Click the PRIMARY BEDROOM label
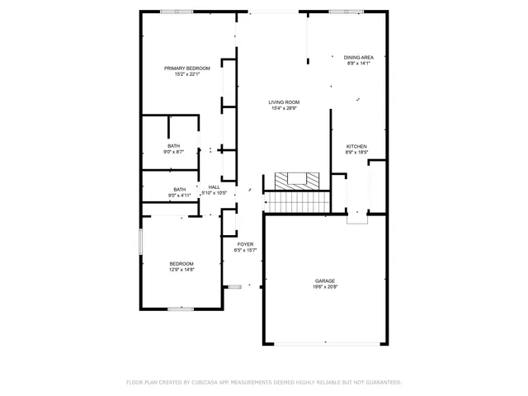pyautogui.click(x=186, y=68)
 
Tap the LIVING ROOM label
pyautogui.click(x=283, y=102)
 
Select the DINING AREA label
pyautogui.click(x=358, y=57)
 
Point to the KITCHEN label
pyautogui.click(x=356, y=146)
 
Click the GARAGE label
pyautogui.click(x=324, y=280)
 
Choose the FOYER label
pyautogui.click(x=245, y=244)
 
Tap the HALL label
pyautogui.click(x=214, y=187)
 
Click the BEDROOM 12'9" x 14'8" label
pyautogui.click(x=181, y=263)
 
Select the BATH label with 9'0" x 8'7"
pyautogui.click(x=174, y=146)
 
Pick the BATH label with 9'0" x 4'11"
pyautogui.click(x=179, y=189)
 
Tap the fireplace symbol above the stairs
pyautogui.click(x=295, y=179)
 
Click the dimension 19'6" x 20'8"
pyautogui.click(x=324, y=286)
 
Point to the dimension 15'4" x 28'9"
pyautogui.click(x=283, y=108)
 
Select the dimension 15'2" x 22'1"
pyautogui.click(x=186, y=73)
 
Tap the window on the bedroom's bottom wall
pyautogui.click(x=180, y=309)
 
